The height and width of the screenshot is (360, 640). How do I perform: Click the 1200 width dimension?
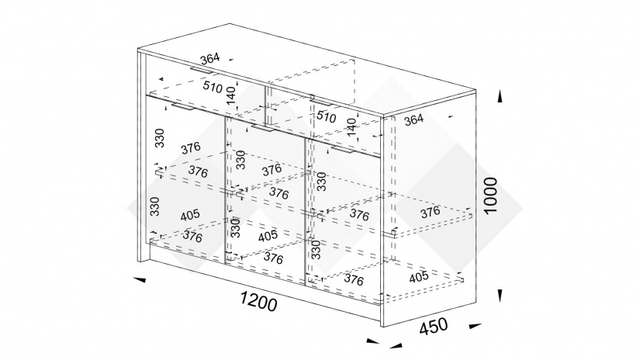(x=258, y=301)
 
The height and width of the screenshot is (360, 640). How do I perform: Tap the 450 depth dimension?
(x=434, y=326)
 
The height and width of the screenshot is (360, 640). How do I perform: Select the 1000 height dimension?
(x=490, y=195)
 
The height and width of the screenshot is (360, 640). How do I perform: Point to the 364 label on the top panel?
(x=210, y=59)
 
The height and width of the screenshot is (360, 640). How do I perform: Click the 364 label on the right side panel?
(x=414, y=120)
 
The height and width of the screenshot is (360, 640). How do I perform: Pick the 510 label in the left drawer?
(x=213, y=87)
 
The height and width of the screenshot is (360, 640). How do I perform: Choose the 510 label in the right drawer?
(x=326, y=116)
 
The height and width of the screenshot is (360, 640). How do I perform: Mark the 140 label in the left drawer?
(x=231, y=95)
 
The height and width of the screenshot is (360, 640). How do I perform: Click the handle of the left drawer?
(x=201, y=71)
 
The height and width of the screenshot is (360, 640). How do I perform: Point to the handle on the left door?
(x=184, y=107)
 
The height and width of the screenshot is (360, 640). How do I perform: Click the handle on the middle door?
(x=264, y=129)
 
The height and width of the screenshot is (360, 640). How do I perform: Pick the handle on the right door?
(x=343, y=151)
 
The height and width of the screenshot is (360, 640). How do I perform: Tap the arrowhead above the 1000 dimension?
(x=500, y=96)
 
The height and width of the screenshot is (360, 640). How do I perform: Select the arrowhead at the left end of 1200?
(x=140, y=279)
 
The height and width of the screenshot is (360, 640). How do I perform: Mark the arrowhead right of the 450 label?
(x=476, y=326)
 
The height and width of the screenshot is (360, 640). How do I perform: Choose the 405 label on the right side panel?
(x=419, y=277)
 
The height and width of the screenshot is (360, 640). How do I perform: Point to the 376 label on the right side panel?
(x=431, y=212)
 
